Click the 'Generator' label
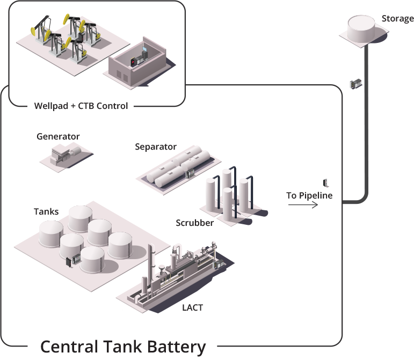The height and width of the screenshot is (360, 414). click(58, 136)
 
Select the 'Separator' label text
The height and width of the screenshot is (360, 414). click(156, 146)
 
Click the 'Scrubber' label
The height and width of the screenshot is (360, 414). click(195, 223)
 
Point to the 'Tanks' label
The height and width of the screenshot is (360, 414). click(46, 211)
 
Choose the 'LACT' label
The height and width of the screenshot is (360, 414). click(193, 307)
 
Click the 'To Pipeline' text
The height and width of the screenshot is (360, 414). click(309, 195)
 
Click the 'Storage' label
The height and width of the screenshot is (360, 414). click(397, 19)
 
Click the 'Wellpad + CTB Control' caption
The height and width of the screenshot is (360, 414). click(81, 106)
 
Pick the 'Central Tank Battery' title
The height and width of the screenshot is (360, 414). click(123, 346)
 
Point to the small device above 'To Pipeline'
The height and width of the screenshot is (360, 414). click(325, 183)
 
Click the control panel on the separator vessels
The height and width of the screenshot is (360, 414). click(188, 173)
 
